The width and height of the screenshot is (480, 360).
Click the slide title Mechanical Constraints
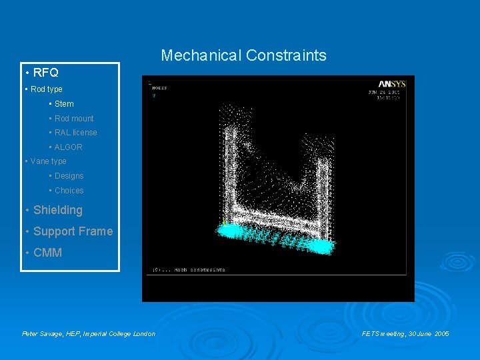[x=243, y=55]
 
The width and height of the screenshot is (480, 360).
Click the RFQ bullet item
[x=45, y=73]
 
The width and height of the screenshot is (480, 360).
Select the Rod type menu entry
[x=46, y=89]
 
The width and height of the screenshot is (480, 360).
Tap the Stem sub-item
[x=64, y=104]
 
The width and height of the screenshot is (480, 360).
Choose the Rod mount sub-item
[x=74, y=119]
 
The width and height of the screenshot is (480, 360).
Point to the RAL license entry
[x=75, y=133]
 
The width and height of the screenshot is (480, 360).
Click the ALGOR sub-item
[x=68, y=147]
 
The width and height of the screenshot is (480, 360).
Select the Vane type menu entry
[x=48, y=161]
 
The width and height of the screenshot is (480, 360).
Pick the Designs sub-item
[x=69, y=176]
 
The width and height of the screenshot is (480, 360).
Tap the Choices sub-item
[x=69, y=191]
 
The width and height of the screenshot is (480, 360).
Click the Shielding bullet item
[x=57, y=210]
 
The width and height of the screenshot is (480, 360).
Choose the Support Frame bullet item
[x=73, y=231]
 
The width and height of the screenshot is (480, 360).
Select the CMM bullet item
[x=47, y=253]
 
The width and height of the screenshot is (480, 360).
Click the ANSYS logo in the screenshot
[x=391, y=84]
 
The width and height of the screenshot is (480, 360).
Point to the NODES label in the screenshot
[x=159, y=87]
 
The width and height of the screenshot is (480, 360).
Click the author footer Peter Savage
[x=89, y=333]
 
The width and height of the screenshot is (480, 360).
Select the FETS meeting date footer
[x=405, y=333]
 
